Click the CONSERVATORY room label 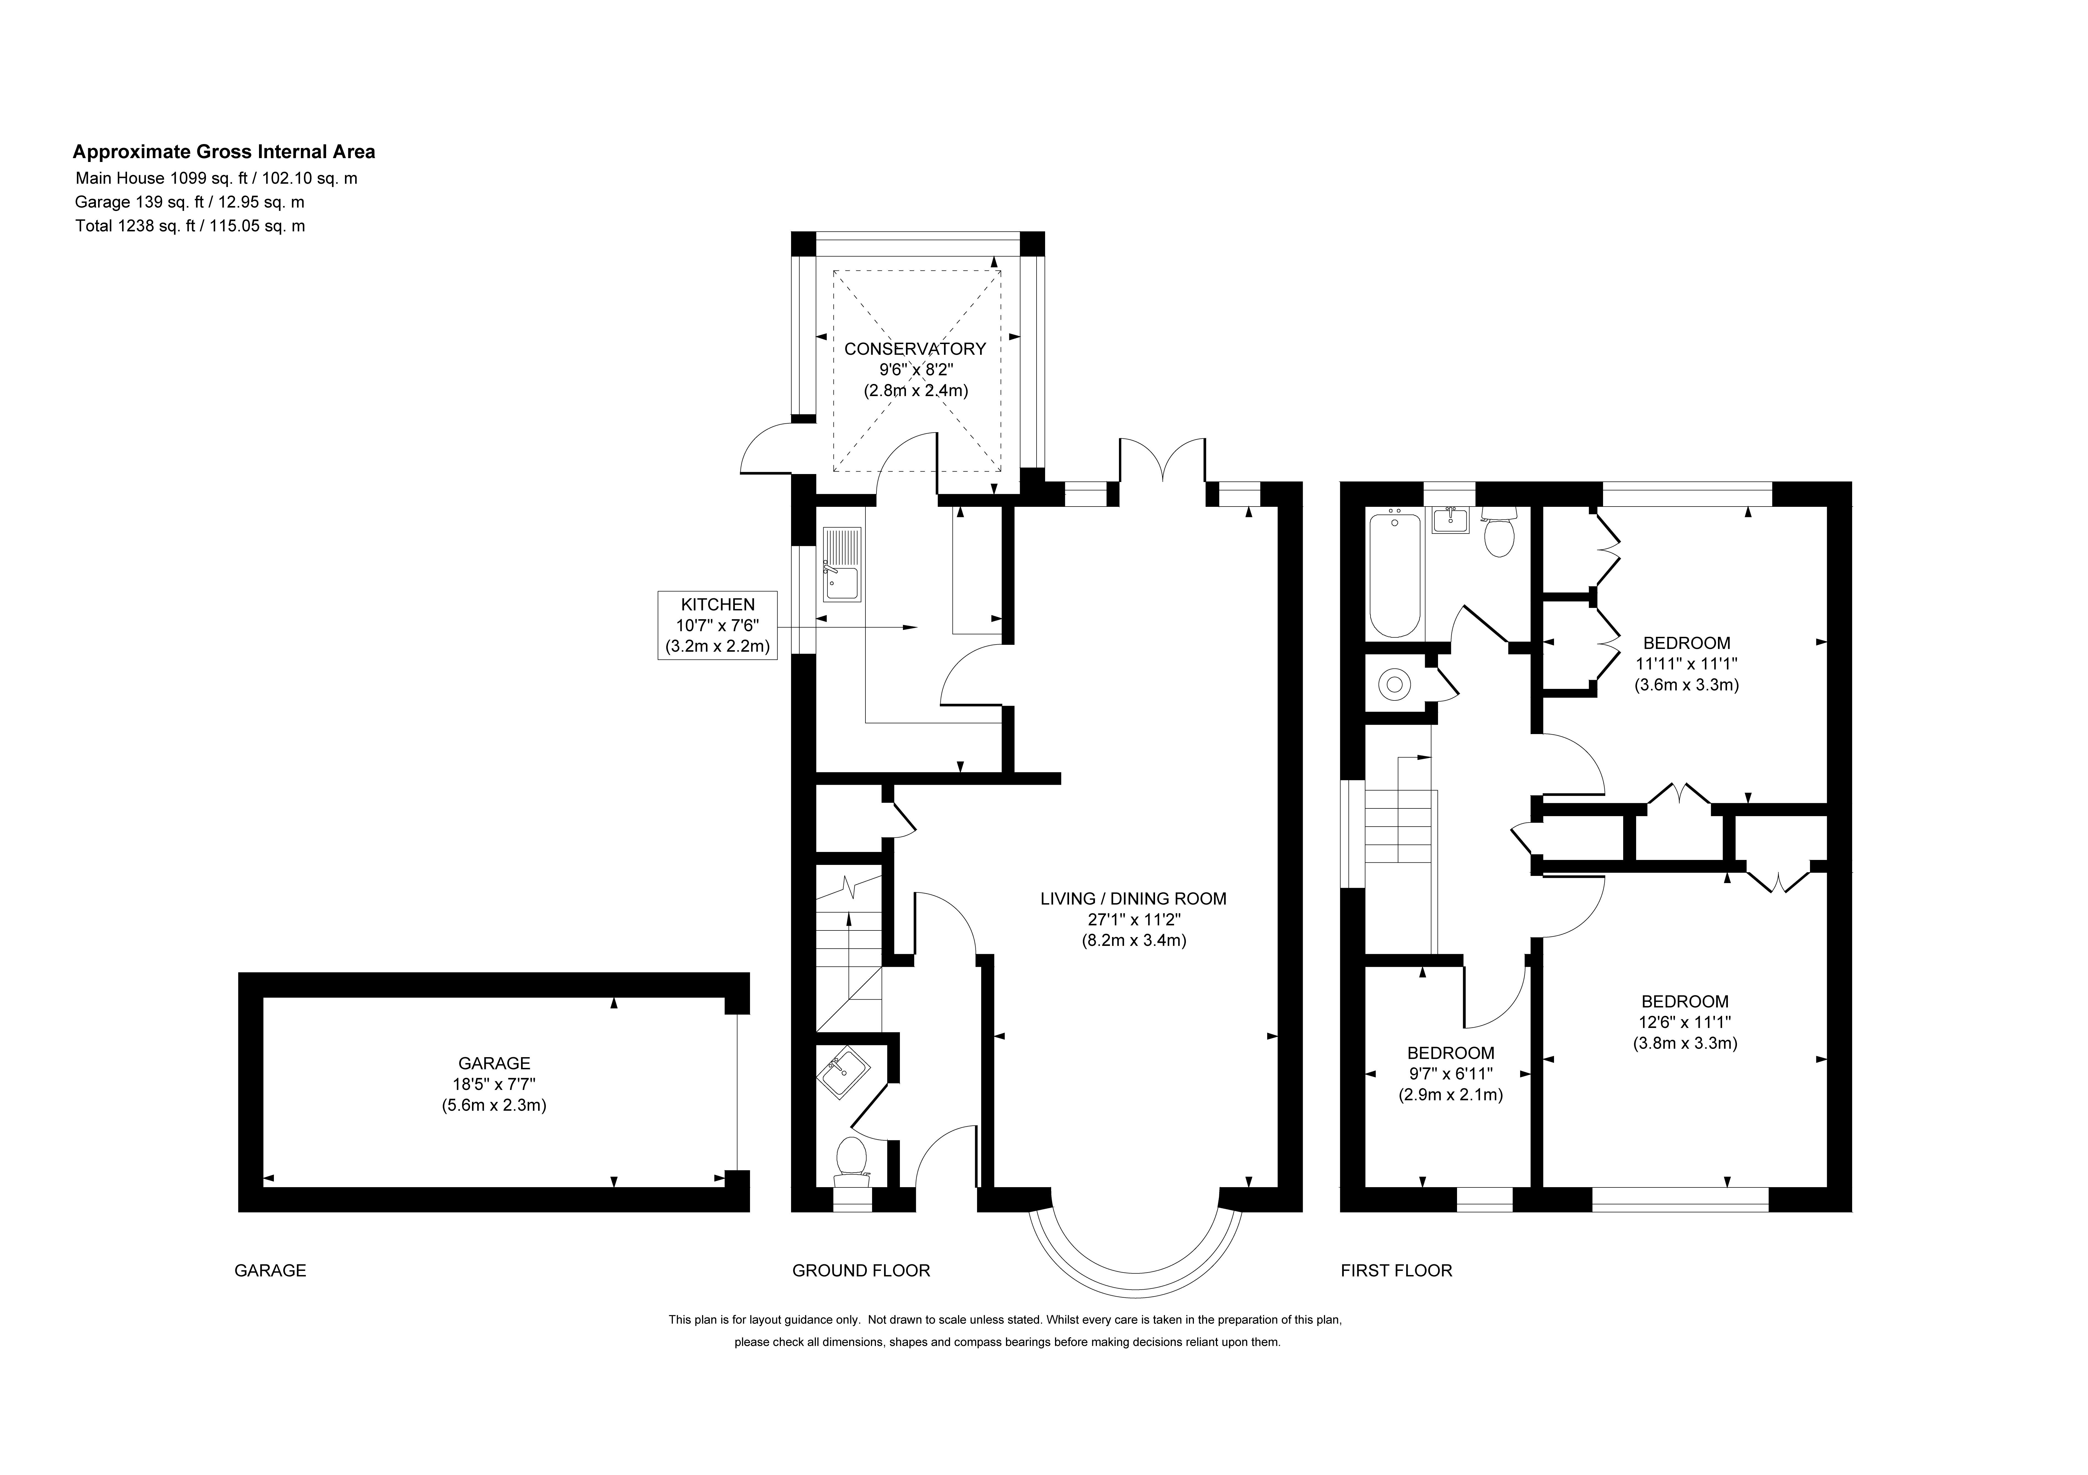click(x=915, y=348)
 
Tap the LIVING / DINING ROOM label click(x=1133, y=898)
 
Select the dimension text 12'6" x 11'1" click(x=1684, y=1021)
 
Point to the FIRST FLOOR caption click(x=1396, y=1270)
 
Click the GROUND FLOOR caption click(x=861, y=1270)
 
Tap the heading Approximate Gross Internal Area click(x=224, y=152)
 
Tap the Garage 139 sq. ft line click(x=190, y=202)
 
